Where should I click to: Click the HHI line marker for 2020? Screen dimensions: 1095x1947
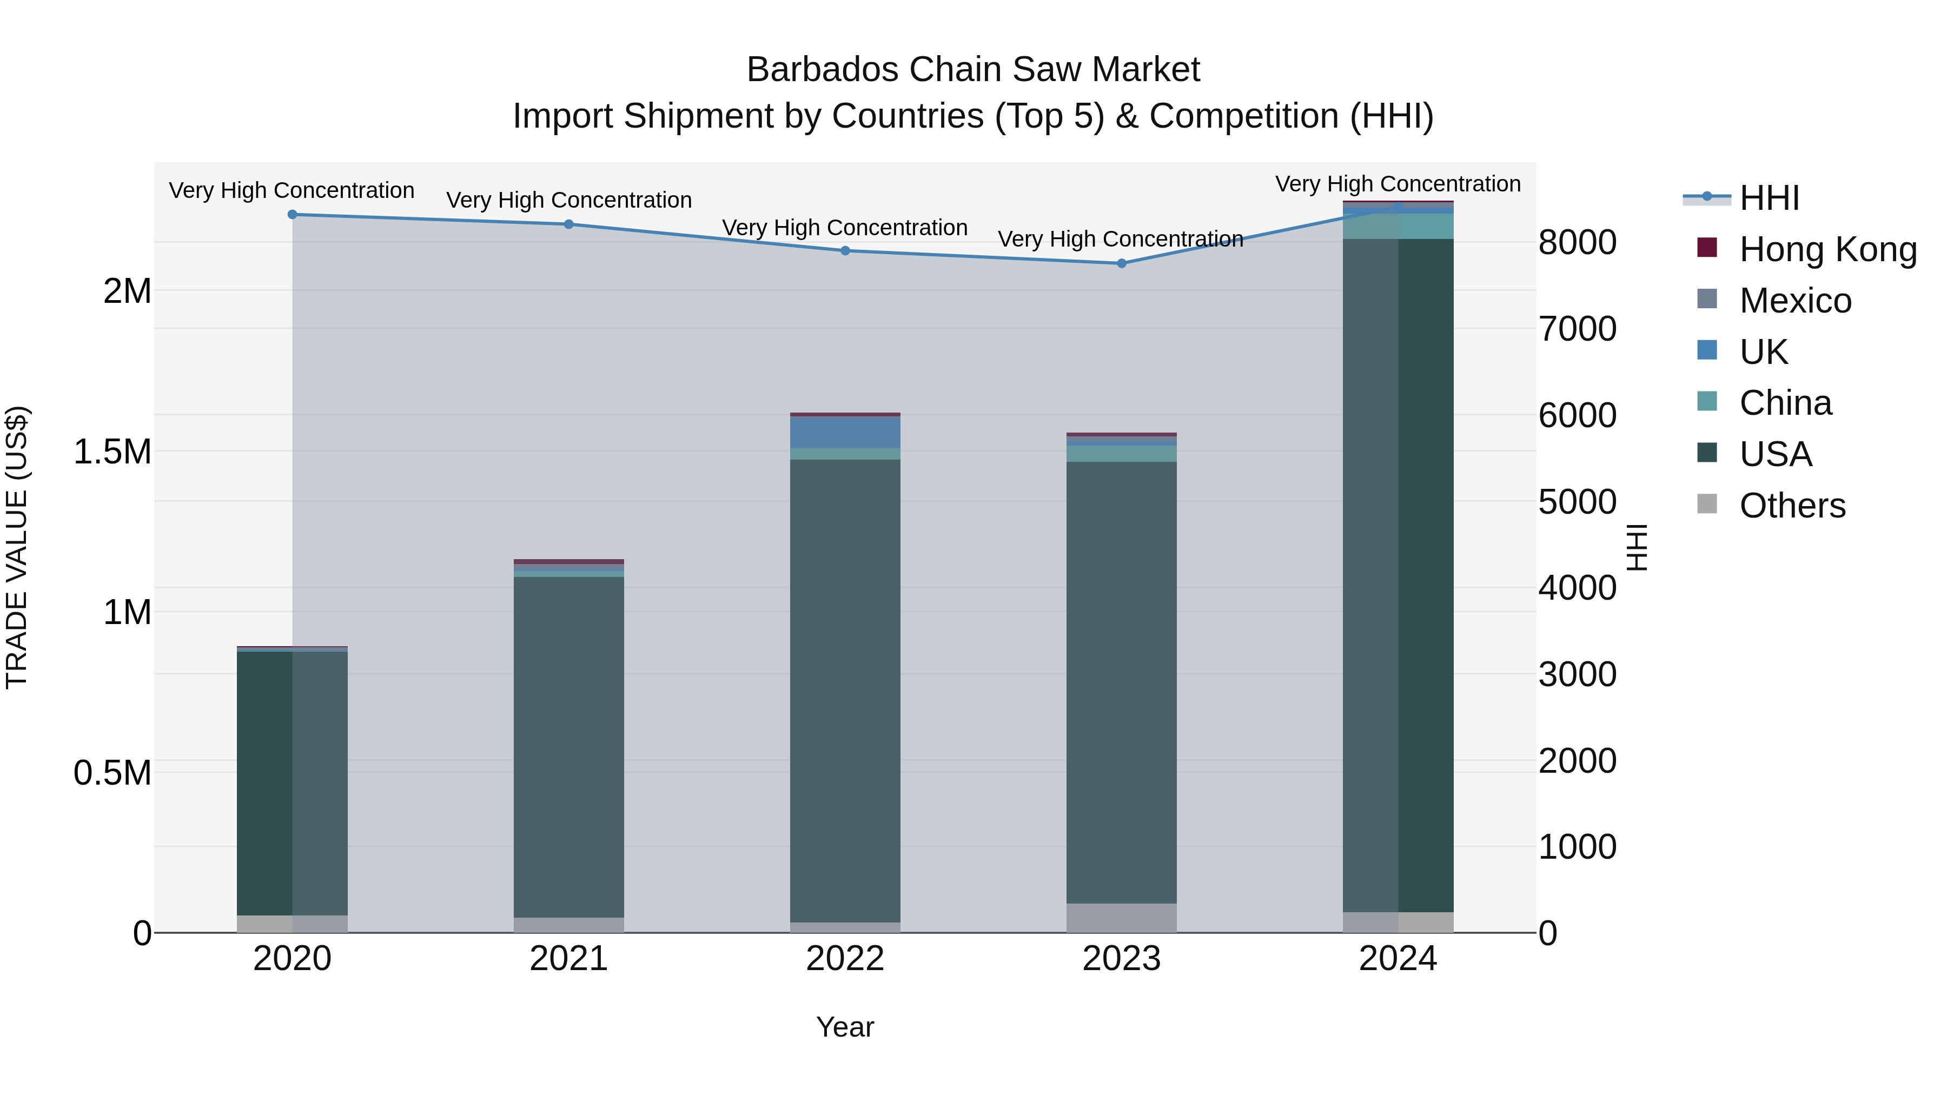pos(293,215)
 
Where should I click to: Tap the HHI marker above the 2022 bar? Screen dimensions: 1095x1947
pos(845,251)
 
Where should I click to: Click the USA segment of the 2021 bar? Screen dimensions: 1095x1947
pos(568,748)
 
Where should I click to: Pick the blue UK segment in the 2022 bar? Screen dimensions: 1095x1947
pos(845,432)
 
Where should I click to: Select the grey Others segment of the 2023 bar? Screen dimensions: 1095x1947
pos(1122,918)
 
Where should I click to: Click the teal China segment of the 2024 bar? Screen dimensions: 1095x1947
pos(1398,227)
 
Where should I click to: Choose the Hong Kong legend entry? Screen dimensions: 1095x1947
pos(1827,249)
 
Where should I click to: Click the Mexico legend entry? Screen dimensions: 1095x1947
pos(1795,301)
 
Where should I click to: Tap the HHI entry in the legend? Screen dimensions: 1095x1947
pos(1769,198)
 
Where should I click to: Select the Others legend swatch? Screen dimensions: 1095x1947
pos(1707,504)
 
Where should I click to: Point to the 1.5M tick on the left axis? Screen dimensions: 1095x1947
pos(112,452)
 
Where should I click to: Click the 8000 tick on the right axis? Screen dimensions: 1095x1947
pos(1578,243)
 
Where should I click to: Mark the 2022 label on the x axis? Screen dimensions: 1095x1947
pos(845,959)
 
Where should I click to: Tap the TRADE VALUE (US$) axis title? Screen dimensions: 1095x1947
pos(17,547)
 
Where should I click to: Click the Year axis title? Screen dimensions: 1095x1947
pos(845,1027)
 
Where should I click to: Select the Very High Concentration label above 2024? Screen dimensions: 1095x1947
pos(1398,184)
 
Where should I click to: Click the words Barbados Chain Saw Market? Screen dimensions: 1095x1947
pos(973,70)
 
